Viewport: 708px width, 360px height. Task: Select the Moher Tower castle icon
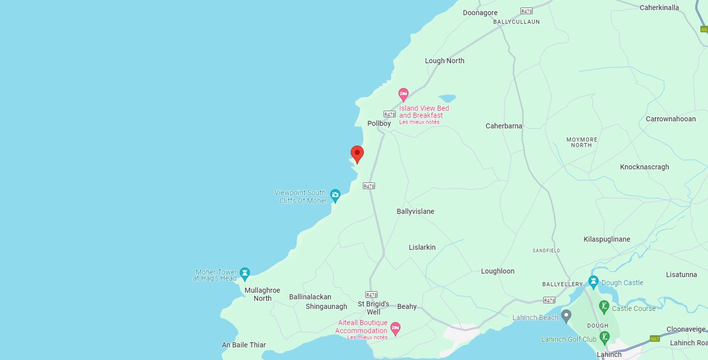(x=245, y=274)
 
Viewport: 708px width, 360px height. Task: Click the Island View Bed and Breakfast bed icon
(x=403, y=94)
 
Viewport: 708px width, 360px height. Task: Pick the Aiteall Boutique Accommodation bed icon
(x=395, y=329)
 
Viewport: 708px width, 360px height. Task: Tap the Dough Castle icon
(x=594, y=282)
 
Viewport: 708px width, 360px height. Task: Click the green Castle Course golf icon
(x=604, y=306)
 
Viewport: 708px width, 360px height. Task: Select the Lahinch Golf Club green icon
(x=604, y=337)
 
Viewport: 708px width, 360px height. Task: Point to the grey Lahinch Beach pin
(x=567, y=316)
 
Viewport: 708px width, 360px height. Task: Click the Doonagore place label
(x=480, y=13)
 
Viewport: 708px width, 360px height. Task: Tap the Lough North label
(x=444, y=61)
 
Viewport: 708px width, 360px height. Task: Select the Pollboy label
(x=379, y=123)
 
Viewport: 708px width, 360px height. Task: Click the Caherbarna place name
(x=504, y=126)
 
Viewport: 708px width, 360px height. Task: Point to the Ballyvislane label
(x=415, y=211)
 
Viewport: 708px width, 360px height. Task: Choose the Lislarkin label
(x=422, y=247)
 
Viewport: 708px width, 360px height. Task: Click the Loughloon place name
(x=498, y=271)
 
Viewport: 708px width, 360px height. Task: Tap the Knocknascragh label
(x=644, y=167)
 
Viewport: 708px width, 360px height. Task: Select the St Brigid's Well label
(x=373, y=307)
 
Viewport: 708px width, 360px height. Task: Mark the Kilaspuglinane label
(x=606, y=239)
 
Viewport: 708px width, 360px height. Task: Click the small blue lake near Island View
(x=447, y=98)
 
